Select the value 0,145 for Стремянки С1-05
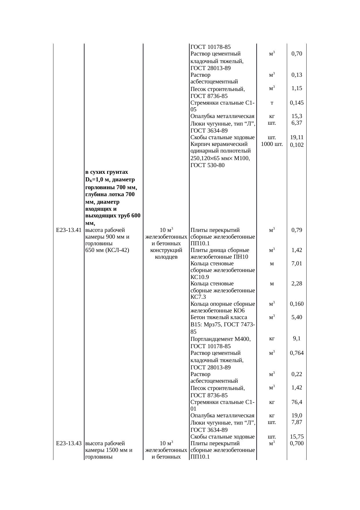tap(297, 103)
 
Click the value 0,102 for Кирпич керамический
tap(297, 145)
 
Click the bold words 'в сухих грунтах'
tap(107, 172)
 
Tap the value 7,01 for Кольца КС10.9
tap(297, 264)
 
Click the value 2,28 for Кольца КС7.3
tap(297, 283)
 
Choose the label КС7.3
tap(198, 297)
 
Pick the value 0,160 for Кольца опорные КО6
tap(297, 304)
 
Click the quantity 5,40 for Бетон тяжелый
tap(297, 317)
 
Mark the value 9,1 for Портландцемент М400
tap(297, 338)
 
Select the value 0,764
tap(297, 353)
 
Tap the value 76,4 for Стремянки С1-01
tap(297, 402)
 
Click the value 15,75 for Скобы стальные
tap(297, 437)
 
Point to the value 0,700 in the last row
tap(297, 443)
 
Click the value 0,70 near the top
tap(297, 54)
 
